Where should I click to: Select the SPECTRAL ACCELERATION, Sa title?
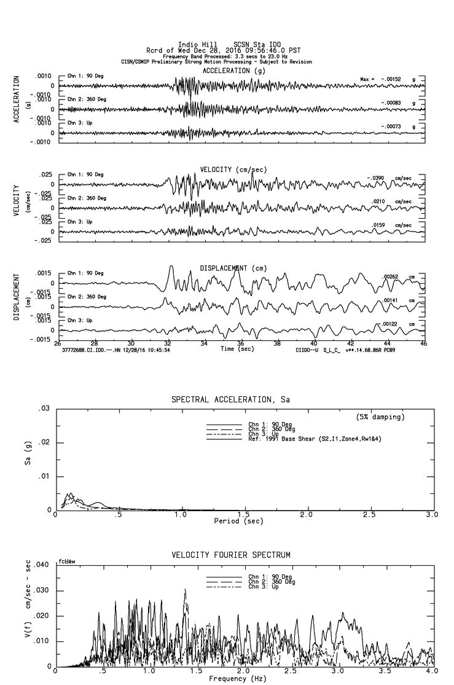(230, 400)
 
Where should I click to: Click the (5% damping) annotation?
(380, 417)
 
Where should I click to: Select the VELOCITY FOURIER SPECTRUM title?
(230, 555)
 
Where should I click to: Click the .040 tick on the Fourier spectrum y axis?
(41, 565)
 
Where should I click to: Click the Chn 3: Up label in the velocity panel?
(80, 222)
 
